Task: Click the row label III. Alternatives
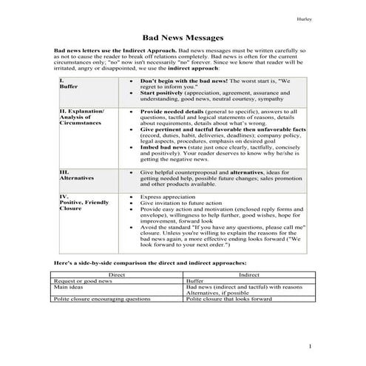click(75, 174)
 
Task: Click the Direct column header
click(117, 274)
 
